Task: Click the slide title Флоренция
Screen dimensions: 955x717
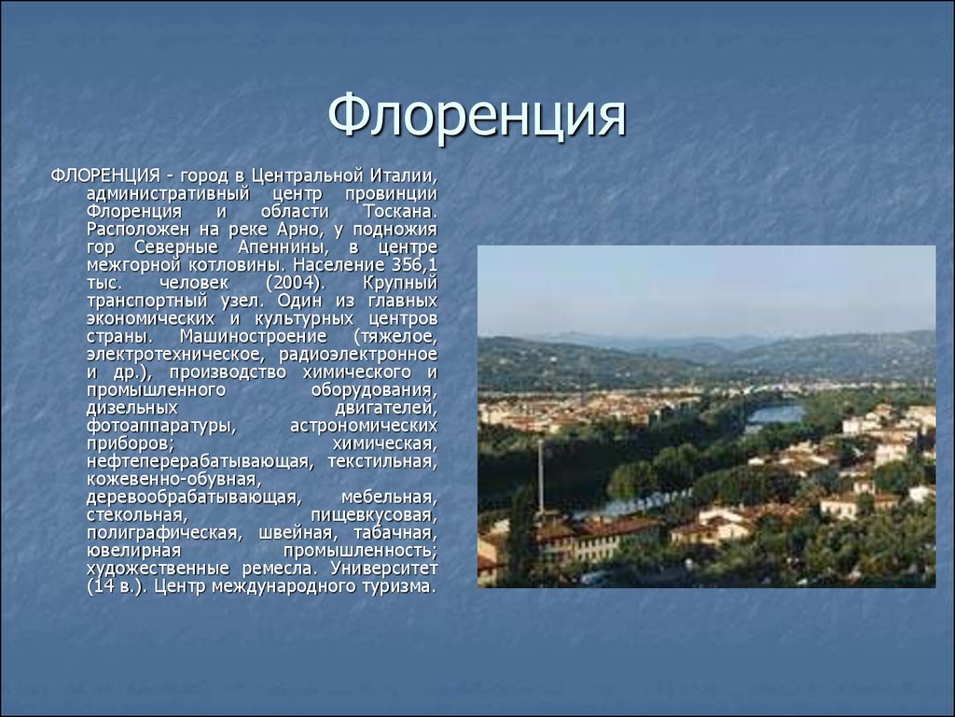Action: point(477,116)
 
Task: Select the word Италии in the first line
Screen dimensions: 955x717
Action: point(403,176)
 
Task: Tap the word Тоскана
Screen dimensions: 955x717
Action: point(400,212)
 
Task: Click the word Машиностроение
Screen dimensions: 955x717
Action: point(254,336)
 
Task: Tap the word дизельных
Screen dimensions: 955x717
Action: point(132,408)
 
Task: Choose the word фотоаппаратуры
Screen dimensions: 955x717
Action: point(161,426)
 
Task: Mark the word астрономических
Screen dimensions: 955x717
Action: point(364,426)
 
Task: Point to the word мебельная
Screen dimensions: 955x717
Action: point(389,498)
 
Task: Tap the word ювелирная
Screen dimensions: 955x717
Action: point(134,551)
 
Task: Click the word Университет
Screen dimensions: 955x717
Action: point(383,569)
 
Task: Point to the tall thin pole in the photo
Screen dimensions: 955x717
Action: point(540,476)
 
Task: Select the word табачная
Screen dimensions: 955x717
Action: point(395,533)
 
